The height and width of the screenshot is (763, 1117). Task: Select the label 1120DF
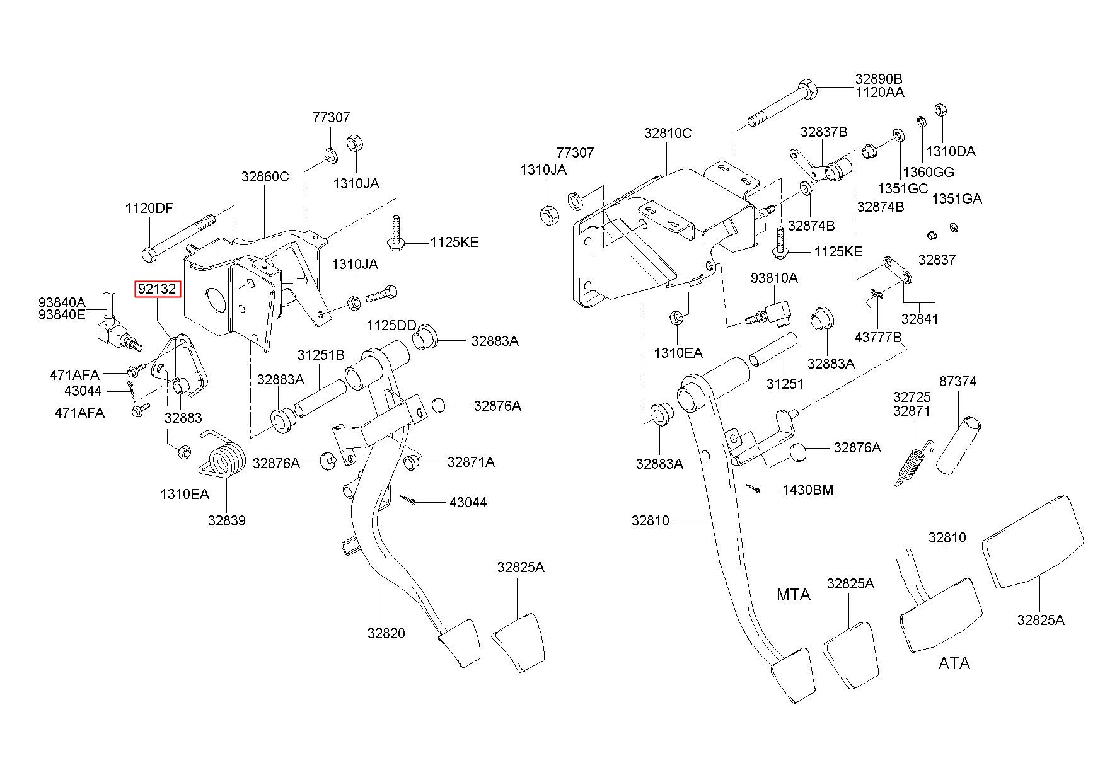[149, 209]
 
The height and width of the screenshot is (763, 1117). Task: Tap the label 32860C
[265, 177]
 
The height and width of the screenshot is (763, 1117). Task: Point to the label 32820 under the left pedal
[386, 633]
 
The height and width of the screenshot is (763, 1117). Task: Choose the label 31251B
[321, 355]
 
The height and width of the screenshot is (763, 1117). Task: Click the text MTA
[793, 595]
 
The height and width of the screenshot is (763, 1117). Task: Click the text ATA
[954, 663]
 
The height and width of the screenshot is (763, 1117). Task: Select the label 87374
[958, 381]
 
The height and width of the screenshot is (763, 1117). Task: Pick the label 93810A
[773, 278]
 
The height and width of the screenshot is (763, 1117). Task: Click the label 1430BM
[807, 490]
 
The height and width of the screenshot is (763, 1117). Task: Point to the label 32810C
[668, 133]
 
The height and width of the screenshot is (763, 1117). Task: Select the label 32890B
[879, 79]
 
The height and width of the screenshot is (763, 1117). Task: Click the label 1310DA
[951, 151]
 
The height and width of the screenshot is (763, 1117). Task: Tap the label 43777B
[878, 338]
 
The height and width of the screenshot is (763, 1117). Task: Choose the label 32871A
[471, 462]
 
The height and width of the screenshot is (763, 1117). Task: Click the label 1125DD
[392, 325]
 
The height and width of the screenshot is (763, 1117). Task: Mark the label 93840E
[62, 314]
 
